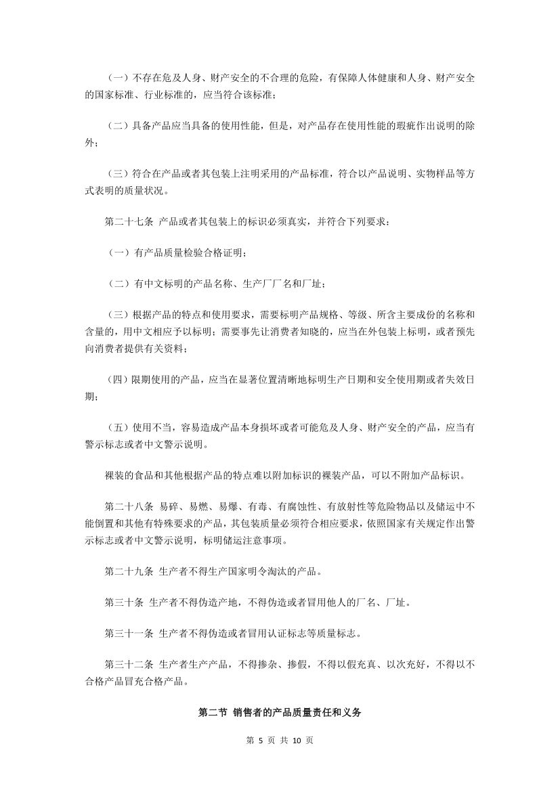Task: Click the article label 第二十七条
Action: click(x=129, y=221)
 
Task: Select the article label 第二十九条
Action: click(x=129, y=571)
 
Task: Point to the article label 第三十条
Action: click(x=124, y=602)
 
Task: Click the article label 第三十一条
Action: click(x=129, y=634)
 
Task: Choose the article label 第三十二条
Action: click(x=129, y=666)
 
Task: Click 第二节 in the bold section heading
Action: click(x=212, y=712)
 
